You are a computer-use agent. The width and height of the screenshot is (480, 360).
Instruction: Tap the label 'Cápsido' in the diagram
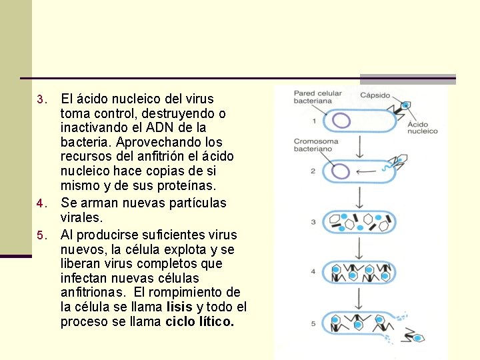pos(375,95)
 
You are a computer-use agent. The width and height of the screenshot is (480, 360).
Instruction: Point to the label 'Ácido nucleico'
pos(422,127)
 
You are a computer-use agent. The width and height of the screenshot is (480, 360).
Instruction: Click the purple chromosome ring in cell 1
pos(342,120)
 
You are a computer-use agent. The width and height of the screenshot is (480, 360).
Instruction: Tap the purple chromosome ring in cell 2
pos(340,171)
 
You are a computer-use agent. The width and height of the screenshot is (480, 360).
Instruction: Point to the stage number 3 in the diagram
pos(313,222)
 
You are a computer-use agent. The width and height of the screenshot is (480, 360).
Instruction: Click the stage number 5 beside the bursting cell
pos(313,324)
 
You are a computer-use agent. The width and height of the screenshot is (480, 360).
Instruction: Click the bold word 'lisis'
pos(179,307)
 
